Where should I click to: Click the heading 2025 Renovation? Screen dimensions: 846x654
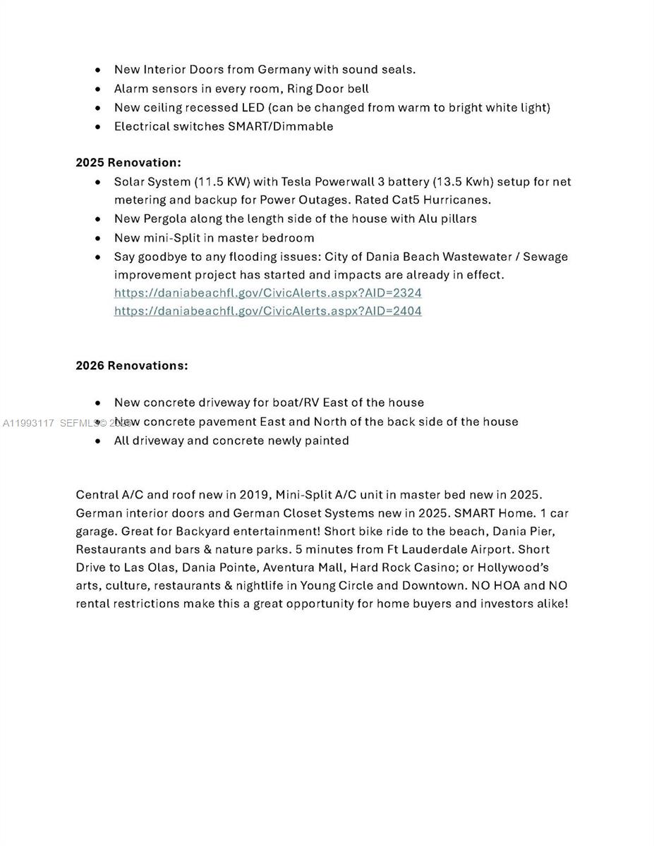[128, 162]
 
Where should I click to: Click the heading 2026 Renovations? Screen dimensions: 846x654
[132, 365]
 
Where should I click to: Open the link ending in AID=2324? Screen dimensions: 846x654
[267, 293]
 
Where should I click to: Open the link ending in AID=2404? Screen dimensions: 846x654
[267, 311]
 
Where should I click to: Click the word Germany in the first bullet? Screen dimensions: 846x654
[284, 69]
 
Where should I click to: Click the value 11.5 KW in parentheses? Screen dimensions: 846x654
[222, 181]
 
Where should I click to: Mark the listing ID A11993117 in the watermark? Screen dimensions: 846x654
[28, 423]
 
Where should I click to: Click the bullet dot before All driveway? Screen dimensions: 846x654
[98, 441]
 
